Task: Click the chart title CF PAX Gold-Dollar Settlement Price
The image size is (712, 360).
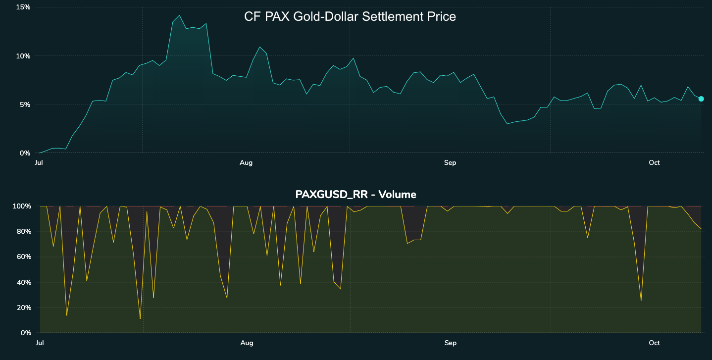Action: click(350, 16)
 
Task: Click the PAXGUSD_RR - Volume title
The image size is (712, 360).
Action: click(356, 194)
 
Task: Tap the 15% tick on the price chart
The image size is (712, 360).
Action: click(23, 7)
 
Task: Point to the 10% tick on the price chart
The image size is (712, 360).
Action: click(23, 56)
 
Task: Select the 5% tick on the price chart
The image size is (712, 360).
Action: click(25, 104)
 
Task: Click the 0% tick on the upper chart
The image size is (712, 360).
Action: click(25, 153)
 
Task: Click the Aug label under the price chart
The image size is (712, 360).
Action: click(246, 163)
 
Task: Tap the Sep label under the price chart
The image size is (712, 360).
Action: click(450, 163)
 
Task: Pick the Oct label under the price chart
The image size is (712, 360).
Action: click(655, 163)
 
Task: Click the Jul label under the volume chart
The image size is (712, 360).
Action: click(39, 343)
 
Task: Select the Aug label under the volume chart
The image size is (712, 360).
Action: click(246, 343)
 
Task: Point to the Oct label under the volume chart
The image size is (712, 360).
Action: click(655, 343)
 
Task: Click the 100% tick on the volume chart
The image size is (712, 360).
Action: click(22, 206)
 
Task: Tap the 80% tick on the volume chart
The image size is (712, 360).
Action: click(23, 231)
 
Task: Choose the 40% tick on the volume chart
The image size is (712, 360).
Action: click(23, 282)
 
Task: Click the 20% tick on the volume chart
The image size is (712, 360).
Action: click(23, 308)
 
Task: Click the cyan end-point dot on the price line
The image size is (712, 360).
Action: click(701, 99)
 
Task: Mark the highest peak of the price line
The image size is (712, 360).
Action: click(179, 15)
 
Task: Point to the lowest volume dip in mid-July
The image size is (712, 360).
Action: click(140, 318)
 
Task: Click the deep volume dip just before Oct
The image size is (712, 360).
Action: click(641, 301)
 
